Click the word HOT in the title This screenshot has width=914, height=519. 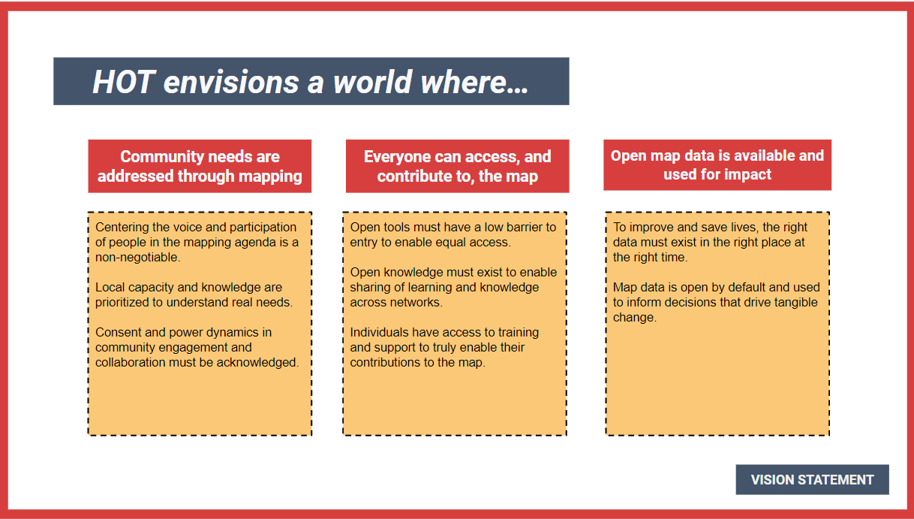pyautogui.click(x=124, y=82)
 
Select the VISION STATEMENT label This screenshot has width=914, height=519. pyautogui.click(x=812, y=479)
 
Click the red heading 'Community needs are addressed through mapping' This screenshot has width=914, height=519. pyautogui.click(x=200, y=166)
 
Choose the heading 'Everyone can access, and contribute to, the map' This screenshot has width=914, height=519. pyautogui.click(x=458, y=166)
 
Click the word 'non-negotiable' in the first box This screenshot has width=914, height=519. pyautogui.click(x=137, y=258)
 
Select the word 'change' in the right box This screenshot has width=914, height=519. pyautogui.click(x=633, y=317)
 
